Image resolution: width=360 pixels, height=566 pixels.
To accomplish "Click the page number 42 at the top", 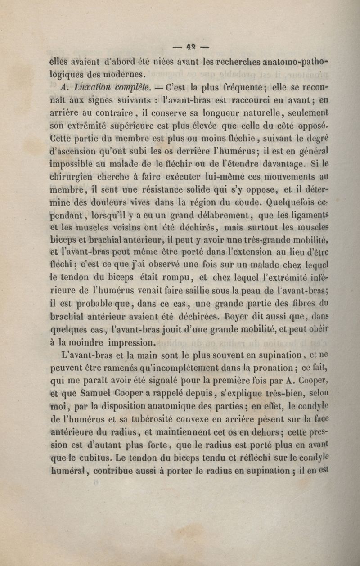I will (x=192, y=46).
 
